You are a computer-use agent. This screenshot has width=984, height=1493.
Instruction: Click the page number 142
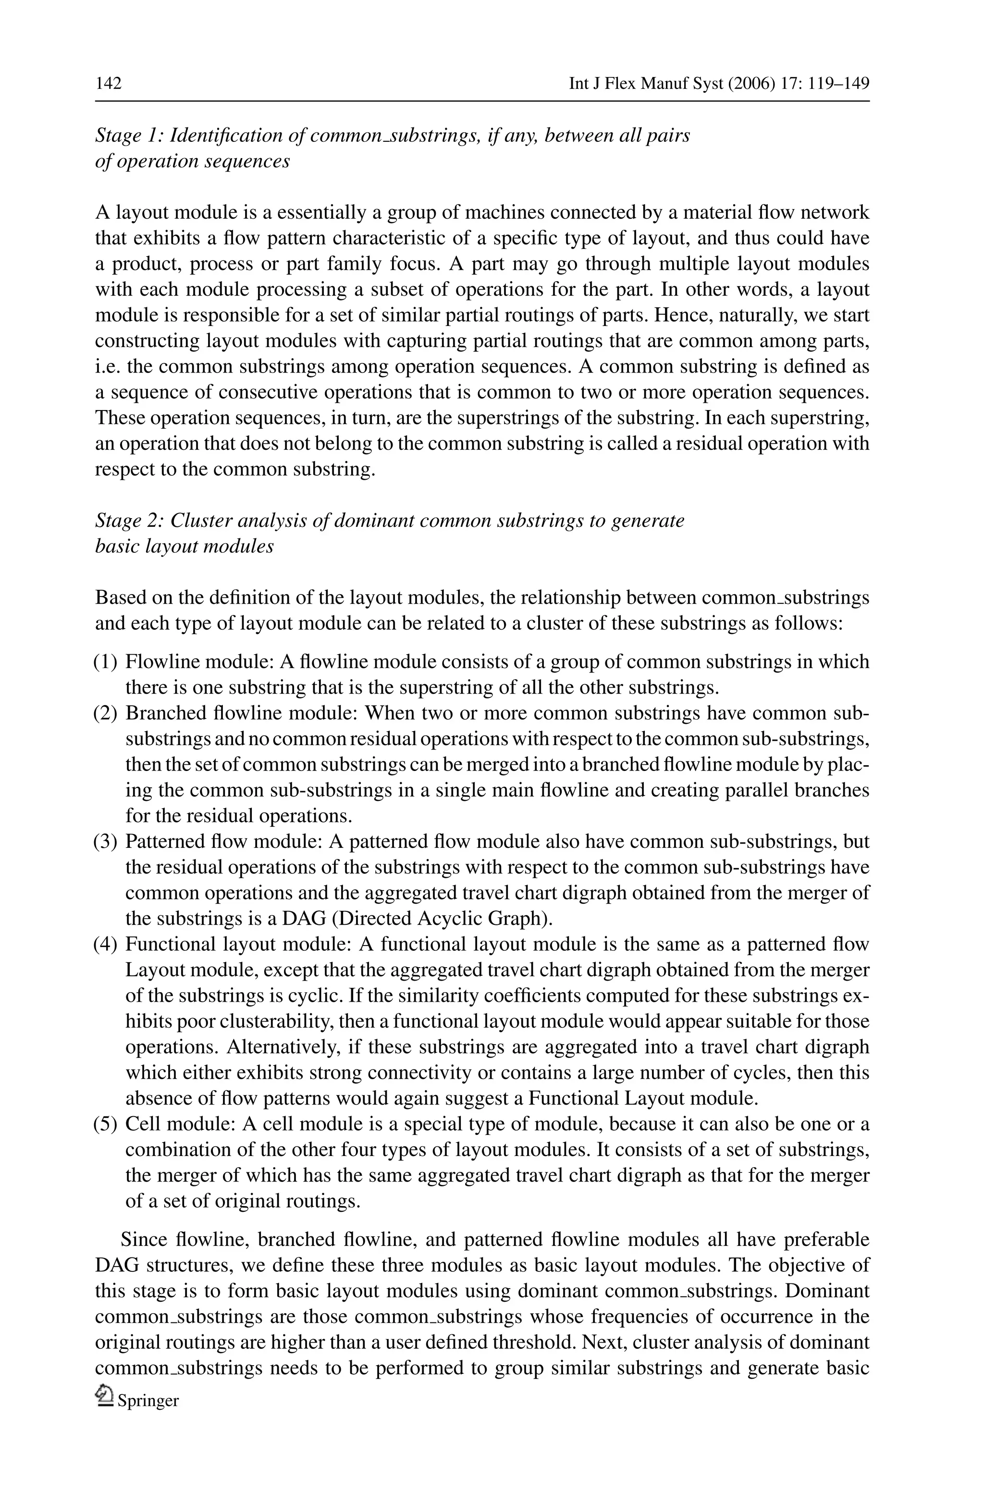pos(108,84)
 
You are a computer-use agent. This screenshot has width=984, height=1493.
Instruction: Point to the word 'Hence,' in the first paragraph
pos(679,315)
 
